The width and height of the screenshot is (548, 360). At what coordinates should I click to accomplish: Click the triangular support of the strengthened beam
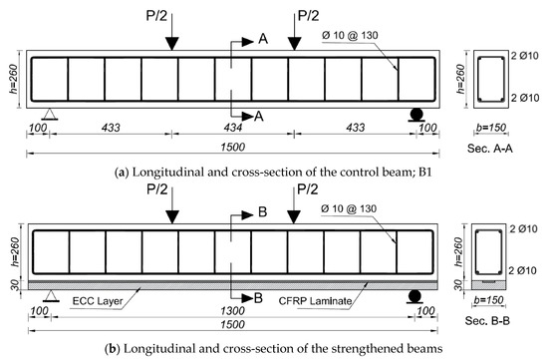[x=49, y=299]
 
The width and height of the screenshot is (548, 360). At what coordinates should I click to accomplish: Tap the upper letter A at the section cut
[x=263, y=40]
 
